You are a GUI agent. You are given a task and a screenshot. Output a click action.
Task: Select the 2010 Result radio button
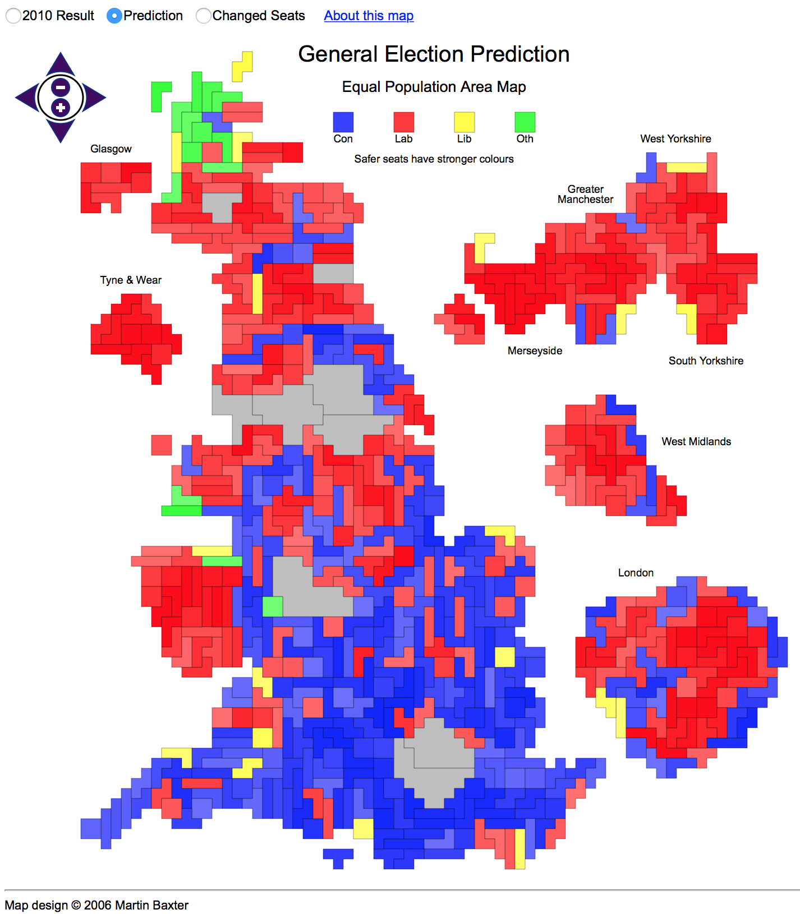(x=13, y=16)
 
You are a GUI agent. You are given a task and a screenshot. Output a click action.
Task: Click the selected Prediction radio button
(x=114, y=16)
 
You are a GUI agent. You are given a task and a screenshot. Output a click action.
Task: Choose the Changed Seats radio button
(x=203, y=16)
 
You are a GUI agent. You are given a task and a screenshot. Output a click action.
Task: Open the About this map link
(x=369, y=16)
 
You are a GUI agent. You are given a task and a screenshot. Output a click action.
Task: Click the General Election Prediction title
(x=434, y=54)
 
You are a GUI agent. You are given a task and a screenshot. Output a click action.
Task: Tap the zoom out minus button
(x=61, y=87)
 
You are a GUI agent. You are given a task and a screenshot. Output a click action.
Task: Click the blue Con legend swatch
(x=343, y=122)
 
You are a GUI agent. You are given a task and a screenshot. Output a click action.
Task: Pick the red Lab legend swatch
(x=404, y=122)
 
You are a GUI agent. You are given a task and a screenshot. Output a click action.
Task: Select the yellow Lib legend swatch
(x=465, y=122)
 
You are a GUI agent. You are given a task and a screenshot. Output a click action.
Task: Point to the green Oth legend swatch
(x=525, y=122)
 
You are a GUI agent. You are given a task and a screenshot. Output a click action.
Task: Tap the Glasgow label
(x=111, y=149)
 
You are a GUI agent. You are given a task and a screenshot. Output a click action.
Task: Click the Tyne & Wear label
(x=131, y=280)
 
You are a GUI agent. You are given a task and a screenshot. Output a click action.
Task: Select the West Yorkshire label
(x=675, y=139)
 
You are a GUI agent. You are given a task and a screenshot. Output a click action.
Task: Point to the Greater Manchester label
(x=585, y=195)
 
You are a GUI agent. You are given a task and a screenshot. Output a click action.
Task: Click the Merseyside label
(x=535, y=351)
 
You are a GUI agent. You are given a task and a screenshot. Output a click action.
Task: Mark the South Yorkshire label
(x=706, y=361)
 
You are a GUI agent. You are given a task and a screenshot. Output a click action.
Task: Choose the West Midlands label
(x=696, y=442)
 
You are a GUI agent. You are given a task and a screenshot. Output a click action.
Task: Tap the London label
(x=636, y=573)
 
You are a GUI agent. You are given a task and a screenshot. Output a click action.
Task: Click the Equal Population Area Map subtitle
(x=434, y=87)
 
